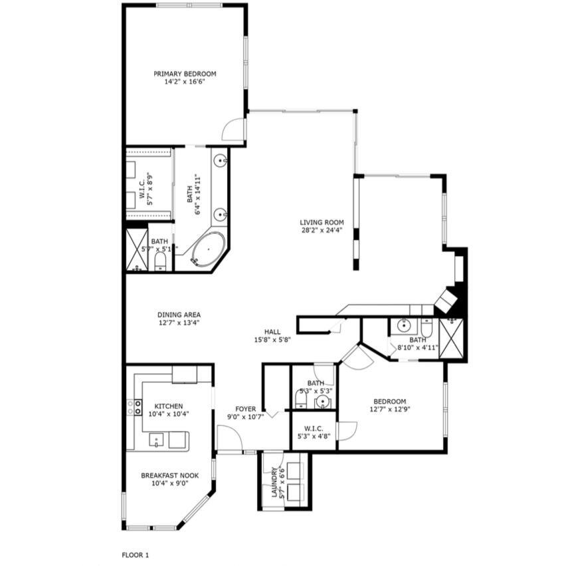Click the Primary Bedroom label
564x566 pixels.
[x=185, y=74]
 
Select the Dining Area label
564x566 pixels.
[x=179, y=315]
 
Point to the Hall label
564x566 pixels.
[x=272, y=332]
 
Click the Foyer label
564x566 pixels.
[x=246, y=409]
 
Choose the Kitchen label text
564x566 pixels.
[x=168, y=406]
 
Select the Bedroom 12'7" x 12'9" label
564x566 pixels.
[x=389, y=401]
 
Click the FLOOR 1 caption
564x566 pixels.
[x=136, y=554]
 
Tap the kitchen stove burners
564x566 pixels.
[x=135, y=407]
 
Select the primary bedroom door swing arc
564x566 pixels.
[x=233, y=129]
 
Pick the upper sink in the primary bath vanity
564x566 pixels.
[x=220, y=160]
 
